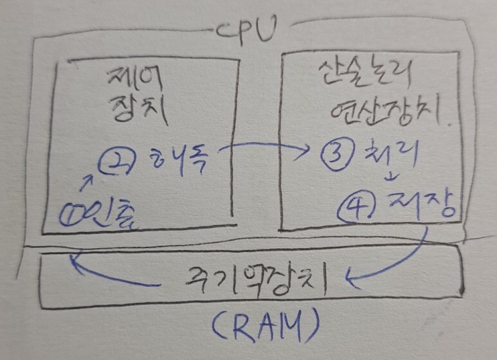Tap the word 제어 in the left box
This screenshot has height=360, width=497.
coord(137,82)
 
